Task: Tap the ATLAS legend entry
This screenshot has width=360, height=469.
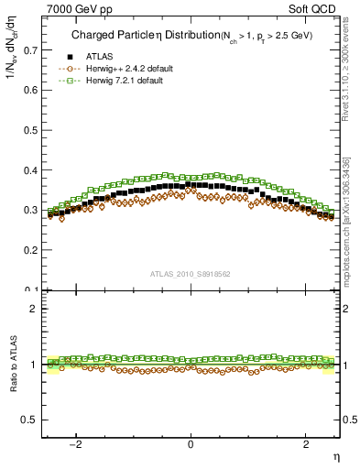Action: coord(101,57)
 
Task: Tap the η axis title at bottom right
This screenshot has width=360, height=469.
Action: coord(335,457)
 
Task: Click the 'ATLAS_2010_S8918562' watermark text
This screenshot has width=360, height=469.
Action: coord(190,273)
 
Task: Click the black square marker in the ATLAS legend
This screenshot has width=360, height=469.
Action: coord(69,57)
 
